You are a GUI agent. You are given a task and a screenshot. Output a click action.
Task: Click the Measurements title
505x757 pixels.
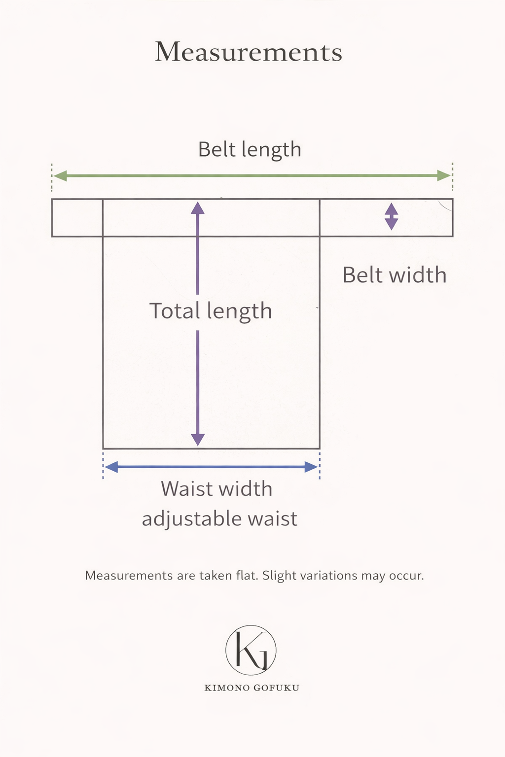tap(249, 52)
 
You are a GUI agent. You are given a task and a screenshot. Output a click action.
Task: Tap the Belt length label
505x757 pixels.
tap(250, 150)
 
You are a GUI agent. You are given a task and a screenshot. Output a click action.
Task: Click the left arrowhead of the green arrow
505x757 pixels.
tap(60, 176)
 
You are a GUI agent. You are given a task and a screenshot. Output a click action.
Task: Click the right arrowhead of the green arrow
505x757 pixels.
tap(444, 176)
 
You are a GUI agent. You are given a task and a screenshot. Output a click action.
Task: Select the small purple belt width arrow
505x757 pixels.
tap(392, 217)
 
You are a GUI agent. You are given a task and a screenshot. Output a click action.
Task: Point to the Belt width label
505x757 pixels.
tap(395, 275)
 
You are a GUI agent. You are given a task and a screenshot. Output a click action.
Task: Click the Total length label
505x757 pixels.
tap(211, 311)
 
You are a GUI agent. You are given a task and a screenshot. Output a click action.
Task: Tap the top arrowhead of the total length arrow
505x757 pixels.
tap(198, 208)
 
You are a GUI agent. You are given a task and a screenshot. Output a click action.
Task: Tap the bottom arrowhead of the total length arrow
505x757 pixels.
tap(198, 440)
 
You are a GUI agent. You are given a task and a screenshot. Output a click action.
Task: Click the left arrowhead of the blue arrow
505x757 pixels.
tap(111, 467)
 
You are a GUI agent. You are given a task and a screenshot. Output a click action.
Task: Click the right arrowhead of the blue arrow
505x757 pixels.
tap(311, 467)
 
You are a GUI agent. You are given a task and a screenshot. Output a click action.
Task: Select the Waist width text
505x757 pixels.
tap(216, 489)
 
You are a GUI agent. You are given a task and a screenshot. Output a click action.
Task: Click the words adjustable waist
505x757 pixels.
tap(219, 519)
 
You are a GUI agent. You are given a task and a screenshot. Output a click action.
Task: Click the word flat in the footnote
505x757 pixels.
tap(249, 575)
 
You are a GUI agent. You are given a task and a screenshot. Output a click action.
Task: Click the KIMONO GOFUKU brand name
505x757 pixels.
tap(252, 688)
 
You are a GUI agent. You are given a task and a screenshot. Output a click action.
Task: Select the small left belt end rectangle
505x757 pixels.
tap(77, 218)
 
